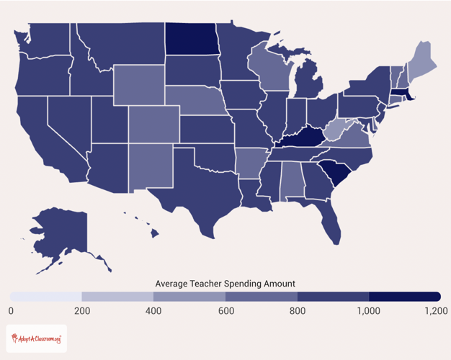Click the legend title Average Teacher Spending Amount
(225, 283)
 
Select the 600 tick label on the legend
(225, 310)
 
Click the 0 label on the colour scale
(11, 310)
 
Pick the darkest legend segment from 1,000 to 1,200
(404, 297)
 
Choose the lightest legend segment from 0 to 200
(46, 297)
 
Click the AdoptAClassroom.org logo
(35, 338)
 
